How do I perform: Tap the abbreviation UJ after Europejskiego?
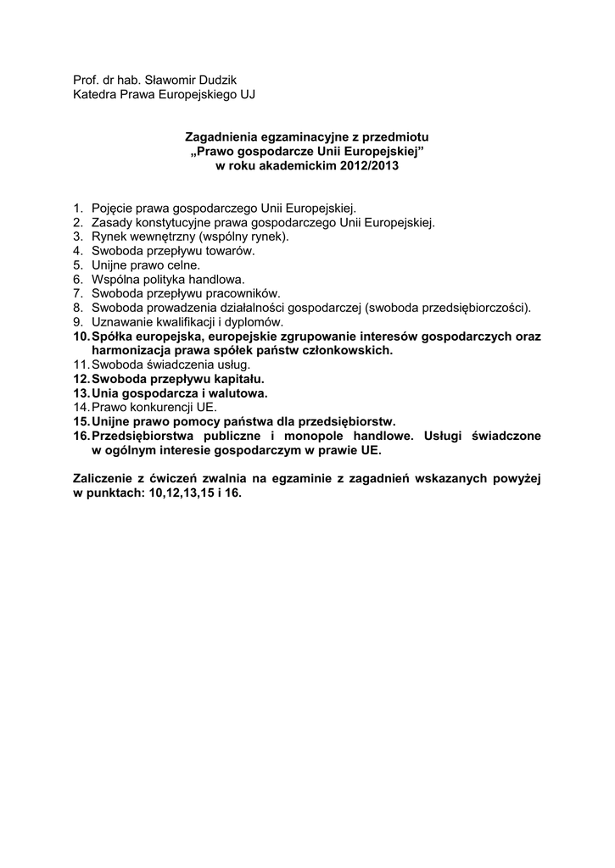pyautogui.click(x=246, y=93)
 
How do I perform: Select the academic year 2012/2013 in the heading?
pyautogui.click(x=361, y=165)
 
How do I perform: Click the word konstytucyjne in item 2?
pyautogui.click(x=170, y=222)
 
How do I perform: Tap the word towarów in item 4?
pyautogui.click(x=233, y=251)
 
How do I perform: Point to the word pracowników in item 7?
pyautogui.click(x=233, y=293)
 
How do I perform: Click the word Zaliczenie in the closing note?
pyautogui.click(x=105, y=479)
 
